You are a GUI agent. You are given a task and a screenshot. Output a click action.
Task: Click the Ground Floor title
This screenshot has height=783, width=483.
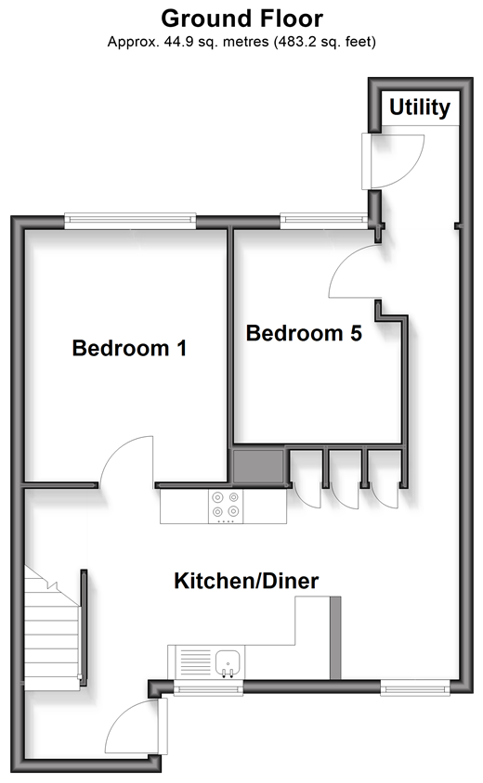[242, 19]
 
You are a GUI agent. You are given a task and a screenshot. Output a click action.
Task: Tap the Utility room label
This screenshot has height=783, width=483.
[420, 108]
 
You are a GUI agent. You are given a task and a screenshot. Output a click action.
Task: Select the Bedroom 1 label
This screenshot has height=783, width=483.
[129, 348]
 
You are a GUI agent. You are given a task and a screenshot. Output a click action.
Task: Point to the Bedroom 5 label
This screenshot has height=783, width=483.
[304, 333]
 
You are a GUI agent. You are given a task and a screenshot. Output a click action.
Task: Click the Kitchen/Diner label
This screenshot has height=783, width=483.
[246, 581]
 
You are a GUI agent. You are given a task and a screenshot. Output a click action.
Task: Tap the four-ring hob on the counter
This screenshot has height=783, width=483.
[226, 506]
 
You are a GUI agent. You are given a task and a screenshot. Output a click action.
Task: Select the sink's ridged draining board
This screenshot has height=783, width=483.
[195, 662]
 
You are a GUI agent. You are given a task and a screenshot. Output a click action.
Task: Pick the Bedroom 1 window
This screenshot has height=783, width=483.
[130, 220]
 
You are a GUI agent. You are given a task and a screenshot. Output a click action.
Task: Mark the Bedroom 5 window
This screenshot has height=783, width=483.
[324, 220]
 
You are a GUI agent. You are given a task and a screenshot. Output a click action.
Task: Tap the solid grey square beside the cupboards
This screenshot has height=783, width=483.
[258, 467]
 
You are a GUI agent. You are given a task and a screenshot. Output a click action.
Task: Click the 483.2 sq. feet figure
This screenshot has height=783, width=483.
[323, 42]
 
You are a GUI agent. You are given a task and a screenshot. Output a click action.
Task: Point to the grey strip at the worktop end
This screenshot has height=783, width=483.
[335, 637]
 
